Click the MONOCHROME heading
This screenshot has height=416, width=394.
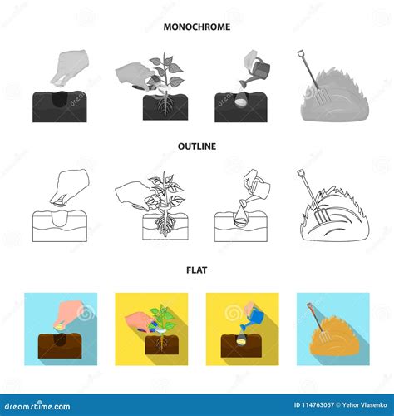tap(196, 27)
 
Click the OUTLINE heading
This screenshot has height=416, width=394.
tap(196, 146)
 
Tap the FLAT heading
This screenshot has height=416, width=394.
tap(196, 269)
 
